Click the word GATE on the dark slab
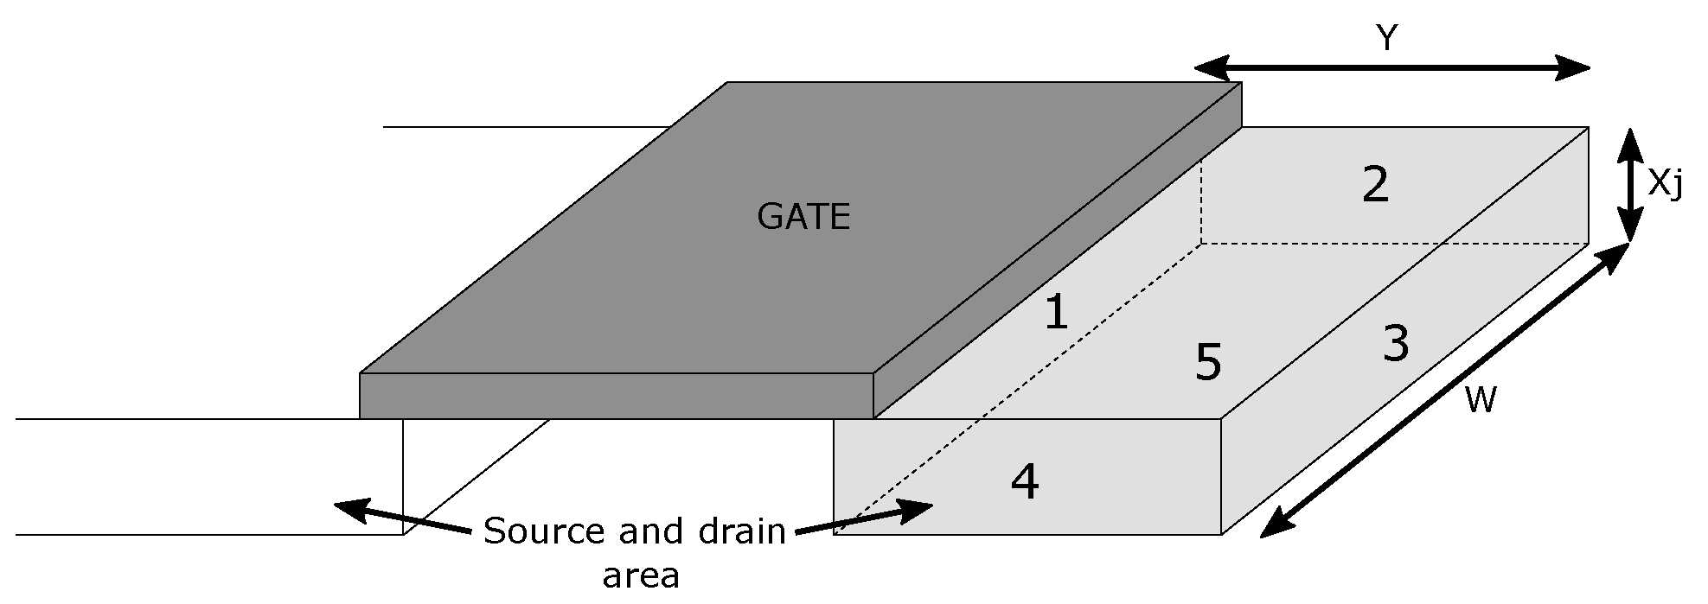click(x=803, y=216)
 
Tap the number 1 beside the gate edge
click(x=1056, y=313)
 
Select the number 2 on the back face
click(x=1375, y=184)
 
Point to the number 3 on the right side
click(x=1395, y=343)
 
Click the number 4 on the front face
click(x=1025, y=481)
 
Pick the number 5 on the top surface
click(x=1207, y=363)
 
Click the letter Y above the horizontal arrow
click(x=1386, y=38)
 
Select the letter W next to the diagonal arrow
click(x=1481, y=400)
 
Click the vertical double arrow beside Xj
click(x=1629, y=184)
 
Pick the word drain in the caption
click(x=739, y=531)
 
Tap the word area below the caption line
click(x=641, y=575)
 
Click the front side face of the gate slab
click(x=616, y=396)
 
